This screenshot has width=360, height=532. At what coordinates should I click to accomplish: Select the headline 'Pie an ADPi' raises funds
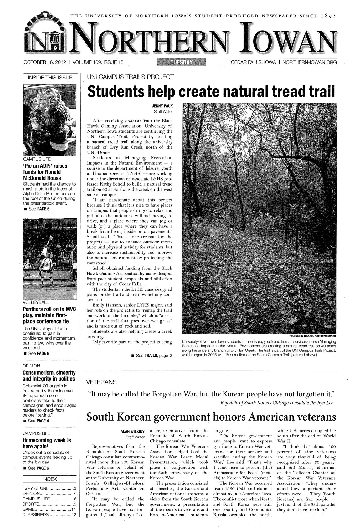pyautogui.click(x=47, y=172)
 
